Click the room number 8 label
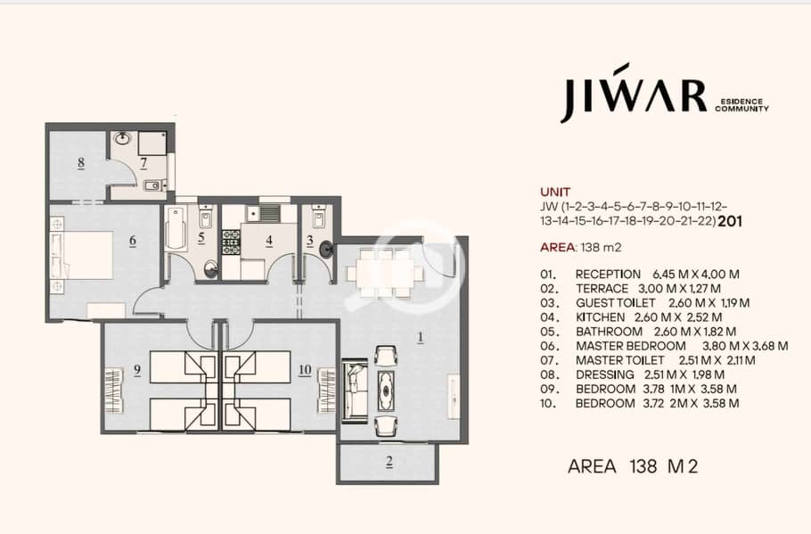[81, 163]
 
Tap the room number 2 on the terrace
[389, 462]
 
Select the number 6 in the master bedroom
[133, 241]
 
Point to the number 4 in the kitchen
[269, 241]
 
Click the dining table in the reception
[384, 273]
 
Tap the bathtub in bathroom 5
[175, 229]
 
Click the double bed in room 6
[83, 255]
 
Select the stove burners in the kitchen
[231, 242]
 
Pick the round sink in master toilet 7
[123, 139]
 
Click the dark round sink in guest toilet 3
[326, 250]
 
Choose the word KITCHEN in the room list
[600, 317]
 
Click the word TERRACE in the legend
[602, 289]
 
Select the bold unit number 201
[730, 221]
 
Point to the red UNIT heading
[555, 192]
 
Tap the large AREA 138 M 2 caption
[633, 466]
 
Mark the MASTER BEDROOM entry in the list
[630, 346]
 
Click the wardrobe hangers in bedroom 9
[114, 390]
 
